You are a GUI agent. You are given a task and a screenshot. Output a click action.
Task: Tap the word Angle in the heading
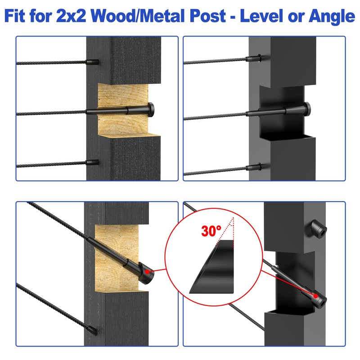pos(332,17)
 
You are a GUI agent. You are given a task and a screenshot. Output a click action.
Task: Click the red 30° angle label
pos(211,231)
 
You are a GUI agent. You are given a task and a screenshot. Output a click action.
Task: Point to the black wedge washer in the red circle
pos(213,267)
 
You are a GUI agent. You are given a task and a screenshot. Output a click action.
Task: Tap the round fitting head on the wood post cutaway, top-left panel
pos(151,109)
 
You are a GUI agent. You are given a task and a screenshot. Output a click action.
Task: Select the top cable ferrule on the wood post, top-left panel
pos(93,62)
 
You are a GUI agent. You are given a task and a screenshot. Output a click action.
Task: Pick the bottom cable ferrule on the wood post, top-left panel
pos(93,162)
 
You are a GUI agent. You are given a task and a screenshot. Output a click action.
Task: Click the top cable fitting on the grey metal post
pos(254,58)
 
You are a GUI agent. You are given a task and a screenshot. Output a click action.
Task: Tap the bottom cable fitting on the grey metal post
pos(254,167)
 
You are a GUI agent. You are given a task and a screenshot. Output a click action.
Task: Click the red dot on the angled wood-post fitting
pos(147,272)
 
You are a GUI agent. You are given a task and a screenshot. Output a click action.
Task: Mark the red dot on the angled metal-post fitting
pos(316,296)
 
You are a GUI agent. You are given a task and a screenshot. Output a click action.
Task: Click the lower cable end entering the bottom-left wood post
pos(92,330)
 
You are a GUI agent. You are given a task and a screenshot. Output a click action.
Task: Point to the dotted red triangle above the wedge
pos(226,231)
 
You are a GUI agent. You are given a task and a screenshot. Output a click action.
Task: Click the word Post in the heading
pos(208,16)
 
